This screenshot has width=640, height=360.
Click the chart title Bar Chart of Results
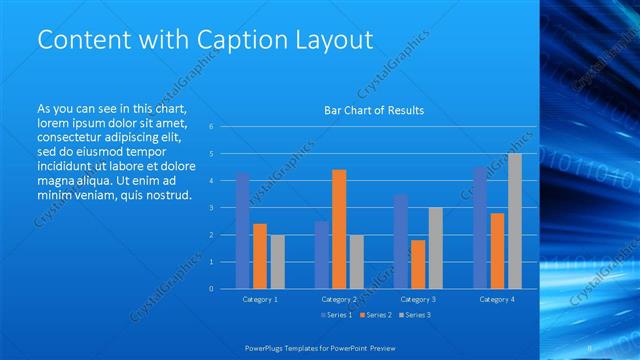pyautogui.click(x=374, y=110)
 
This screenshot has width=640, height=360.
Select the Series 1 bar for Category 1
pyautogui.click(x=242, y=230)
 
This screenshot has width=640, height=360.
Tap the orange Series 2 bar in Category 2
pyautogui.click(x=339, y=229)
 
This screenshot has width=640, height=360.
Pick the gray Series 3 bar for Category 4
pyautogui.click(x=514, y=221)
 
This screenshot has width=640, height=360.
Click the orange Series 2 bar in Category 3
pyautogui.click(x=418, y=264)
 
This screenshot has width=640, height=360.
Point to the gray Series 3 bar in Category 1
pyautogui.click(x=277, y=261)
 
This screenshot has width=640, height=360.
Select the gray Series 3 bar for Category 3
pyautogui.click(x=435, y=248)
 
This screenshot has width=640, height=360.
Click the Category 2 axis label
pyautogui.click(x=339, y=299)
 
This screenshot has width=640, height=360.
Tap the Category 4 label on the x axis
pyautogui.click(x=496, y=299)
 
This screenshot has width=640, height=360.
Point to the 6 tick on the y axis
pyautogui.click(x=211, y=127)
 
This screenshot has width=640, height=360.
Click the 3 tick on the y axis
pyautogui.click(x=211, y=208)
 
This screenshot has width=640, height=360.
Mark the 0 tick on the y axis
pyautogui.click(x=211, y=289)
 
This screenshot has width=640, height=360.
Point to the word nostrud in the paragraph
pyautogui.click(x=166, y=194)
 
